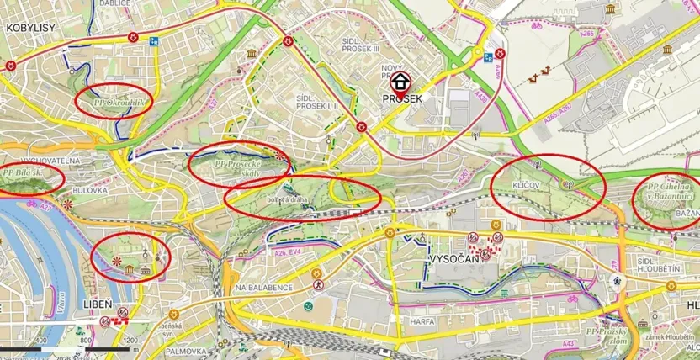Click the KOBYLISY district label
(x=31, y=27)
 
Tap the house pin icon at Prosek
(x=400, y=82)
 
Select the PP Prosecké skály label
(x=239, y=168)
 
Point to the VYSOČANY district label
(x=453, y=260)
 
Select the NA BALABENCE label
(x=264, y=288)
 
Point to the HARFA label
(x=422, y=320)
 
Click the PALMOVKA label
(x=187, y=351)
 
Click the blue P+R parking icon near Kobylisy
(x=155, y=40)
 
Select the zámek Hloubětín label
(x=666, y=337)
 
